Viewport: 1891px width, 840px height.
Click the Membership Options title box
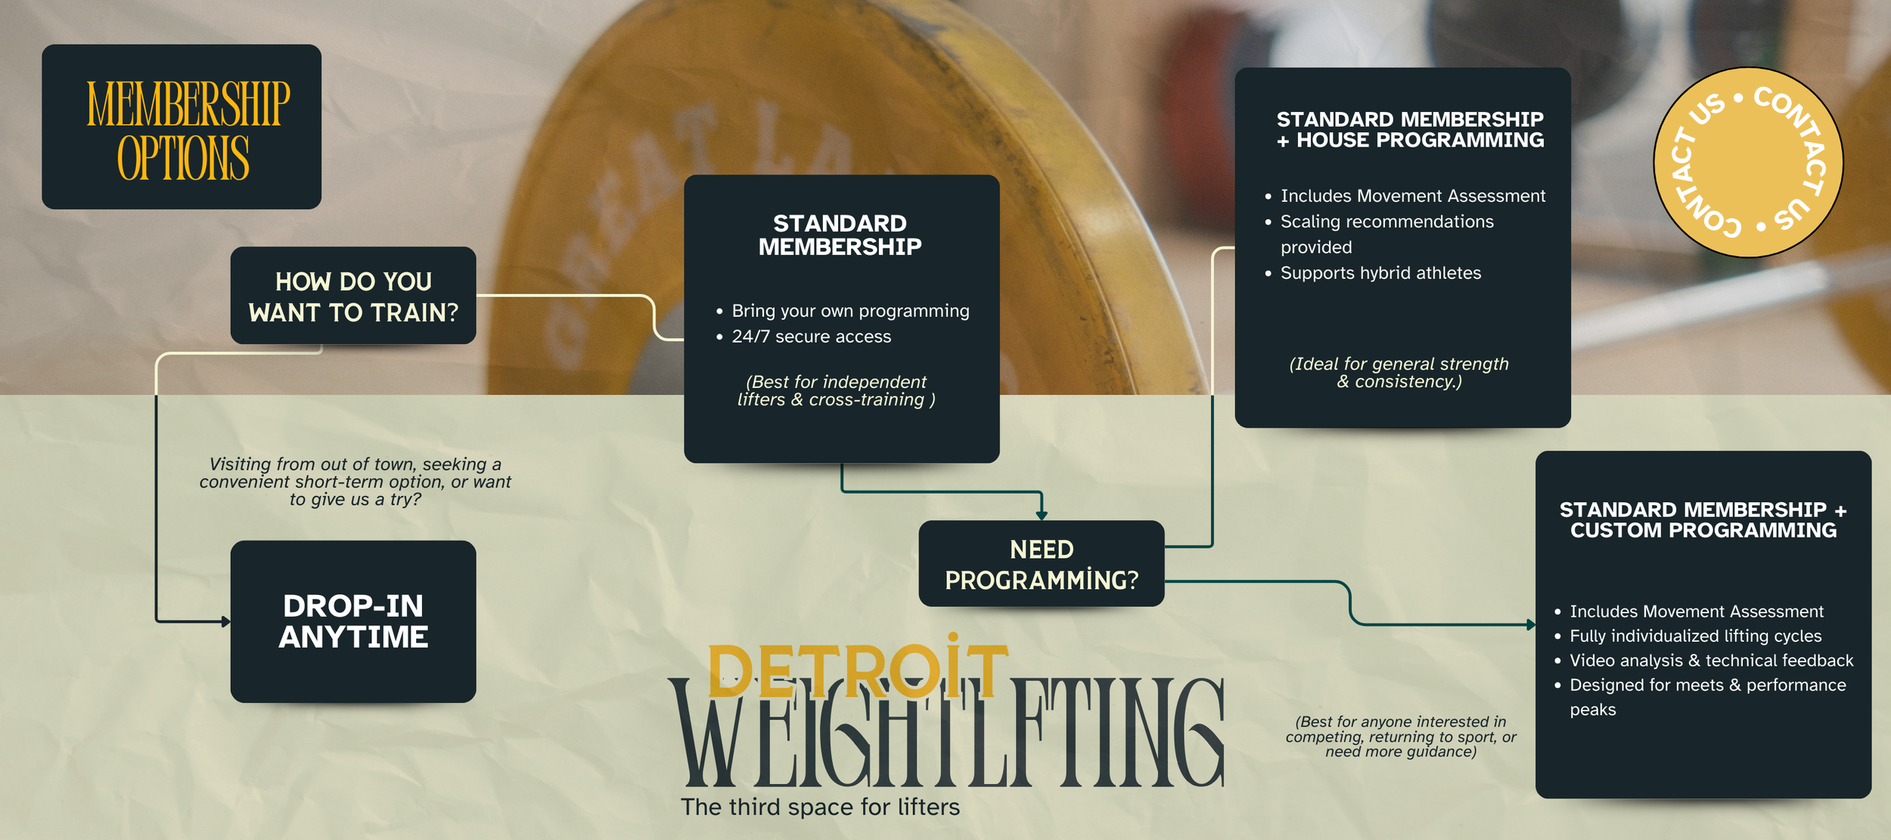182,127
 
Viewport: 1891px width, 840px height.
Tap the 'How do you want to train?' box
353,296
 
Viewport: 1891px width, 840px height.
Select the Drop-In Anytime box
353,621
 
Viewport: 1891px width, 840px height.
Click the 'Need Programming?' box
1041,564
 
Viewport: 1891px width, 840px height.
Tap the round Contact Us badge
1748,163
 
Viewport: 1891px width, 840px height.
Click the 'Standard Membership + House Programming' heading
1410,129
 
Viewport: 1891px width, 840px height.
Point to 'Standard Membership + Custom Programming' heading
1703,519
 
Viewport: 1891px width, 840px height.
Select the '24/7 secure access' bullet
811,336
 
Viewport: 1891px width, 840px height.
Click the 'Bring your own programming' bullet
849,311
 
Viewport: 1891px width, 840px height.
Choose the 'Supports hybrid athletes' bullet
1380,273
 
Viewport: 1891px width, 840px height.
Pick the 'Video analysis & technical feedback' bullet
1711,660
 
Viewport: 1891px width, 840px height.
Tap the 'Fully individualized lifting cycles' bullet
1695,636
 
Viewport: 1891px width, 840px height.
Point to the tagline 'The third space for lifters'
820,807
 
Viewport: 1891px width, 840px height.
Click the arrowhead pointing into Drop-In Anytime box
225,621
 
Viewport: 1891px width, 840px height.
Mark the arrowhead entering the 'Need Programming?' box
1042,516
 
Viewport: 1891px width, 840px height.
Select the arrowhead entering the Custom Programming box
1531,625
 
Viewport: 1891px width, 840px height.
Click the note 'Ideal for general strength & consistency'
1399,373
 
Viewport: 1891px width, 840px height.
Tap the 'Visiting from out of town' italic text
355,482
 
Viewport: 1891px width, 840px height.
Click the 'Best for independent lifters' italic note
836,391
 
